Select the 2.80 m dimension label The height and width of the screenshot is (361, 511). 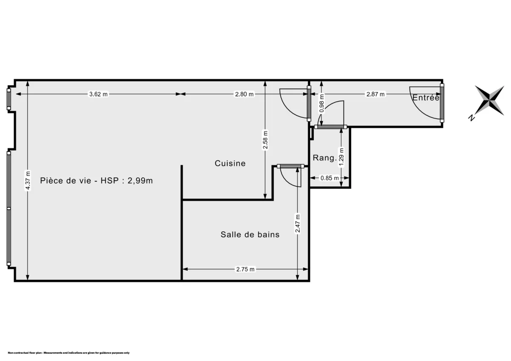[244, 94]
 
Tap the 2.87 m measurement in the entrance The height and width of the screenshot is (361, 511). [376, 94]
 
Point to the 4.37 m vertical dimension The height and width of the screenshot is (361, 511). [28, 180]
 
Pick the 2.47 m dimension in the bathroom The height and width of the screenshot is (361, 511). [297, 223]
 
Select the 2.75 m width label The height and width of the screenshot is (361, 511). [245, 269]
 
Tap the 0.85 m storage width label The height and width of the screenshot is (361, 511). [330, 178]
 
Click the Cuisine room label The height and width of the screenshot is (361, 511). [230, 163]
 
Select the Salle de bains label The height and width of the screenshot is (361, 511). [250, 234]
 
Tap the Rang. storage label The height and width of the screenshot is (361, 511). [324, 158]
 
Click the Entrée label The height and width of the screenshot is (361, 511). [425, 98]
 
